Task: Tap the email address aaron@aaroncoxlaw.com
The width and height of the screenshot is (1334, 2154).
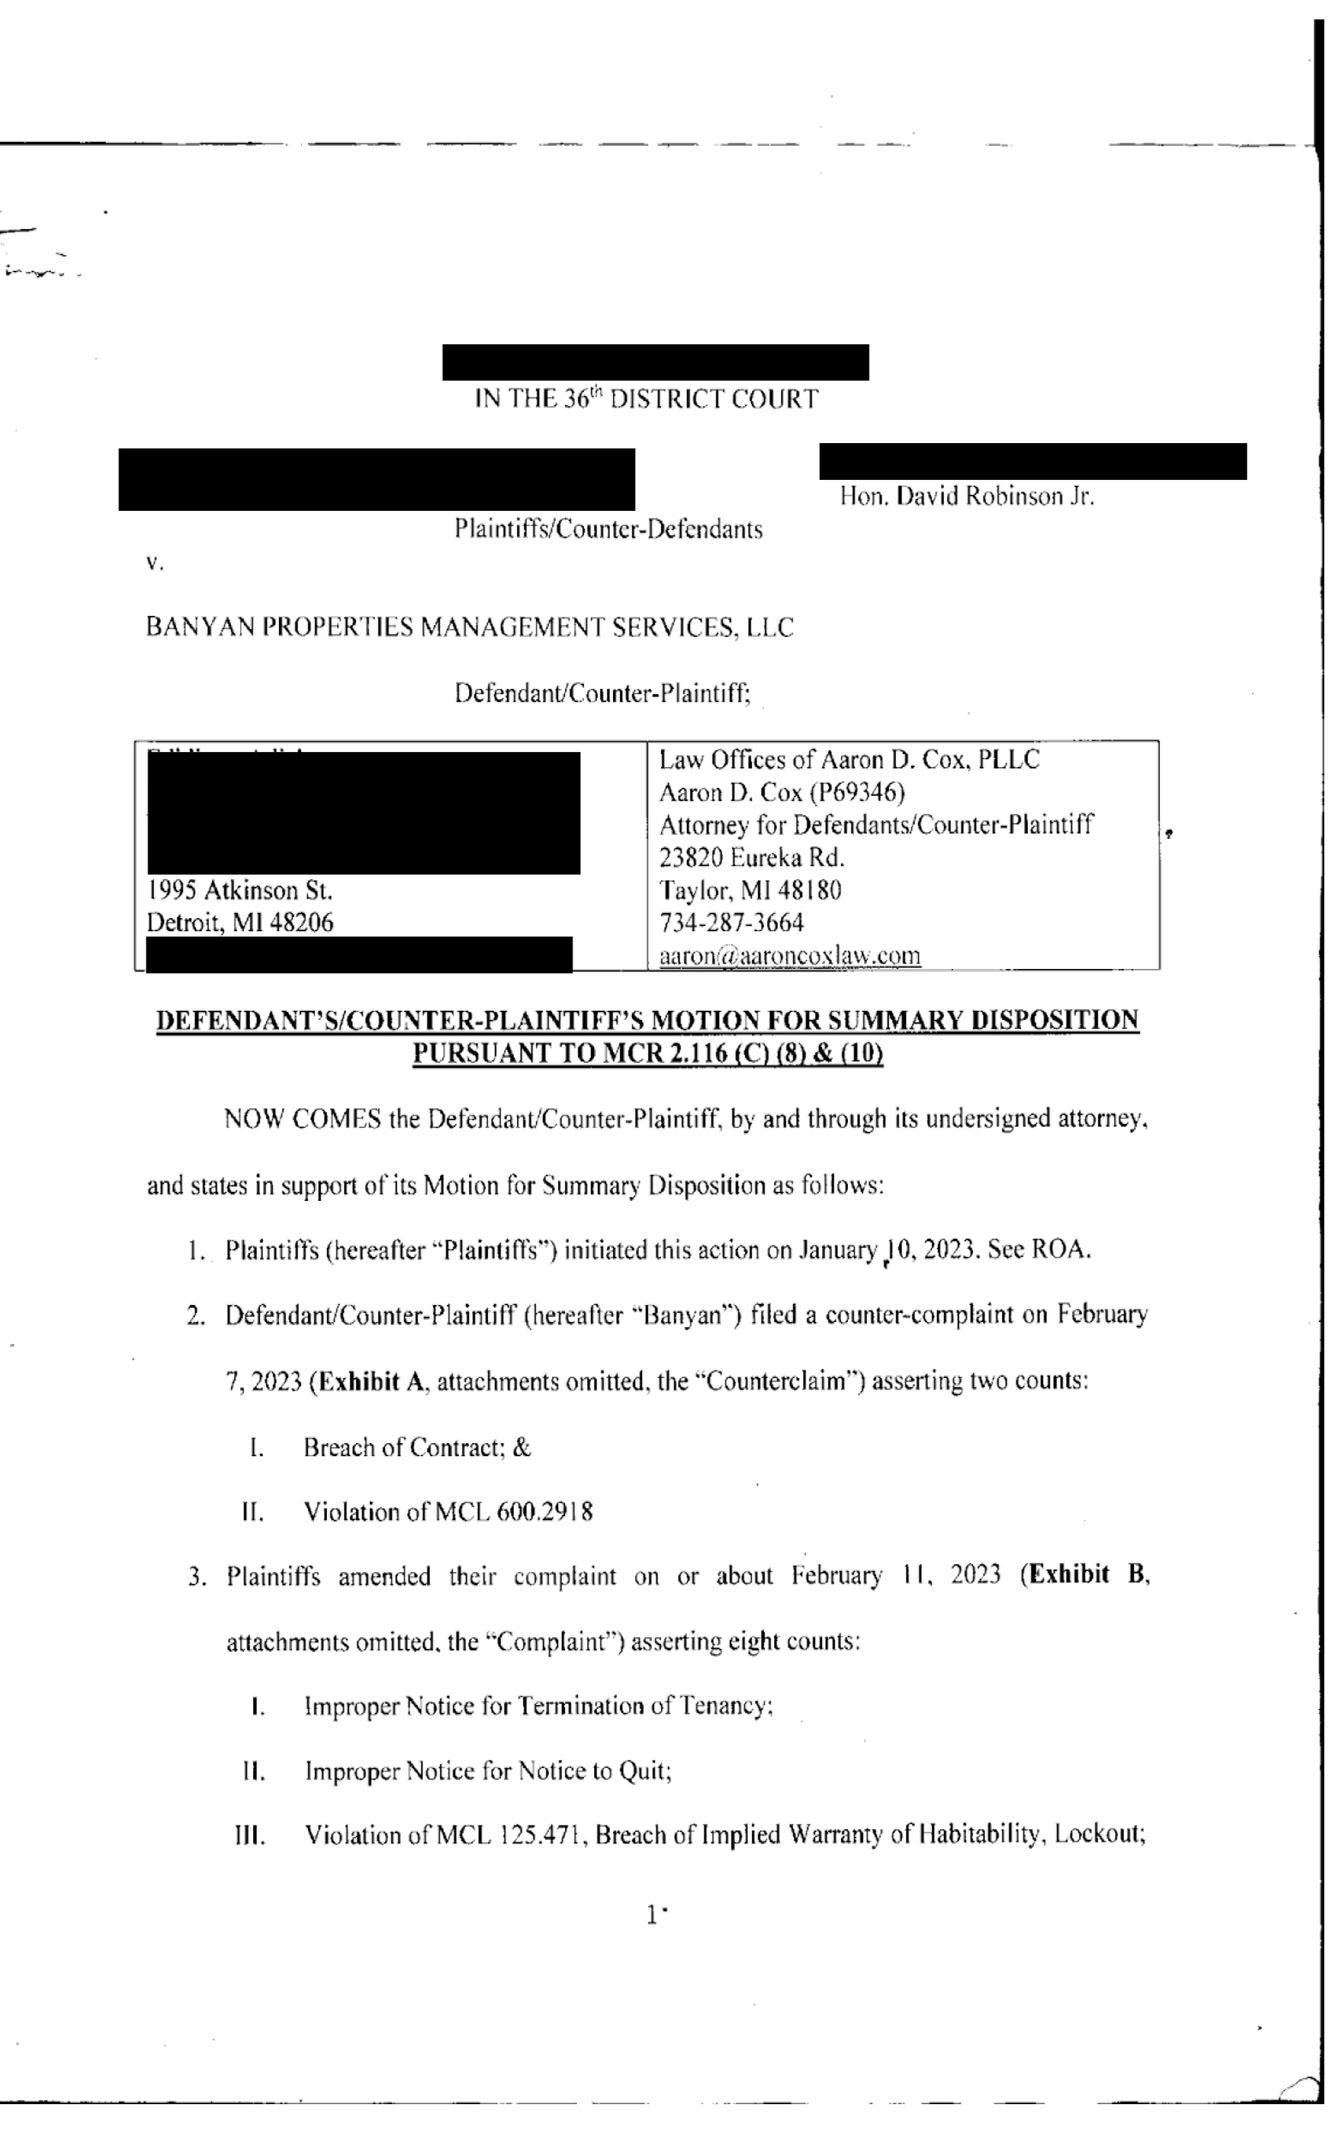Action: pos(790,955)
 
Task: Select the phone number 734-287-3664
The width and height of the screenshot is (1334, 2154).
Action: pos(732,923)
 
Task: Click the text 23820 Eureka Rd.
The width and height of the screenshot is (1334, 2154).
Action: pos(751,858)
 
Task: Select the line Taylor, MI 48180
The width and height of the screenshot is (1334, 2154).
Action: pos(750,891)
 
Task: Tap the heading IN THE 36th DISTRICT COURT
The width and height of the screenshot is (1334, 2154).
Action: pos(646,400)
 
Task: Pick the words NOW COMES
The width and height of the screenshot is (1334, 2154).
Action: pos(302,1119)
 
